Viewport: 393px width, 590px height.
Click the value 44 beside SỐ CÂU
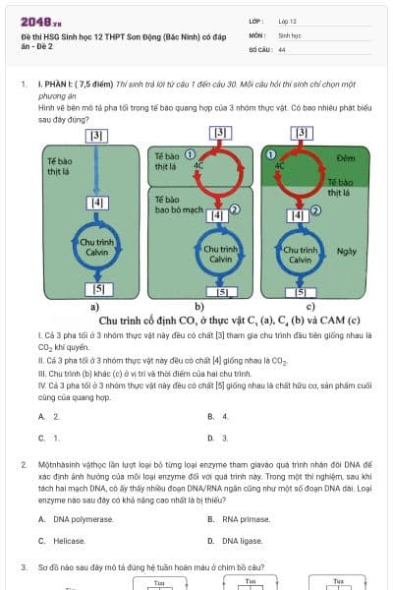point(282,49)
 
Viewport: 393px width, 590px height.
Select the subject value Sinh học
point(289,34)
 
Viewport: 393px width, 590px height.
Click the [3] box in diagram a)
point(96,136)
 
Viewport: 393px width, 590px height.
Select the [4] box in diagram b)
point(220,214)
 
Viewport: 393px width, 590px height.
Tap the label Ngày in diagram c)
point(346,251)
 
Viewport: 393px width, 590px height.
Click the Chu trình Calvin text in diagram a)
point(96,246)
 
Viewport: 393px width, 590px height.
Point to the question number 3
point(24,567)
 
